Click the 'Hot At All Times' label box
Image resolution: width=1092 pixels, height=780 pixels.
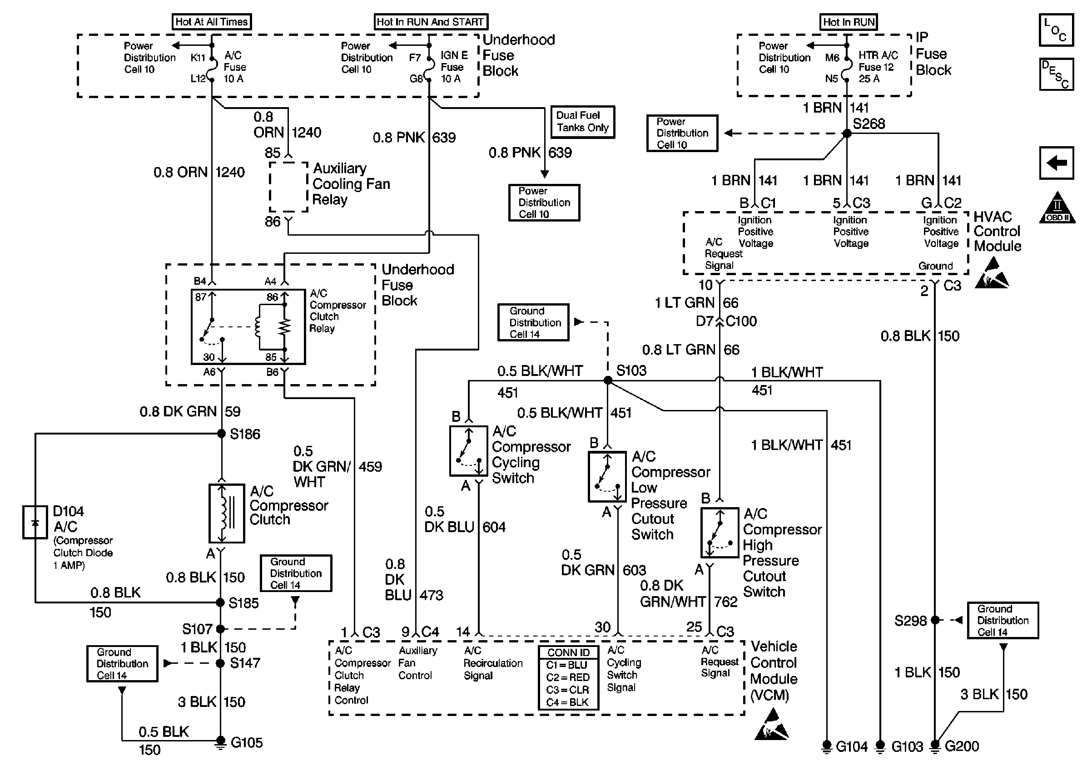point(211,22)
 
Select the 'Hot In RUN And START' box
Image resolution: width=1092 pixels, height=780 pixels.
point(431,22)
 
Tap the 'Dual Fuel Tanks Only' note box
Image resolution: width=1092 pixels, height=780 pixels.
point(582,122)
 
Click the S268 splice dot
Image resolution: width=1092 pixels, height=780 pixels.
point(847,133)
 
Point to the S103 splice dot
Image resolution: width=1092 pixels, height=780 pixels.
point(608,380)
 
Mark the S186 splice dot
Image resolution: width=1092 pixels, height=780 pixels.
point(222,434)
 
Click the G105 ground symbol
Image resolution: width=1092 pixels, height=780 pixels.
point(220,742)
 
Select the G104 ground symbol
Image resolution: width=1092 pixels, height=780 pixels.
point(826,745)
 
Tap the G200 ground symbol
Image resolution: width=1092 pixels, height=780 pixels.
point(935,745)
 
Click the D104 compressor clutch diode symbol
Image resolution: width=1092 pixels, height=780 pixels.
point(35,522)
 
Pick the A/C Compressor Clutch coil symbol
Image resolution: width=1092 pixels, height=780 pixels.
point(227,513)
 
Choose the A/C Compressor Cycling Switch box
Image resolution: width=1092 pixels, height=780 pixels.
point(468,451)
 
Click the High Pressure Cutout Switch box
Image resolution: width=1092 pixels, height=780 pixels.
point(720,532)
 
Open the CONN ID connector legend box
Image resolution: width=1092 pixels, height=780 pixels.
point(568,678)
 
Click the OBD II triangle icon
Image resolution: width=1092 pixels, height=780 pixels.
point(1057,208)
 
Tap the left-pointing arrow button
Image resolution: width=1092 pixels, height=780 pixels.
point(1057,163)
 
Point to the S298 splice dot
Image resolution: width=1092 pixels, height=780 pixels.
point(935,620)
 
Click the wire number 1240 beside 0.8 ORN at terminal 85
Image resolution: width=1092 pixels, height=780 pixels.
point(307,132)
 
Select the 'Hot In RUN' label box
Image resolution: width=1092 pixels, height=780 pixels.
point(849,22)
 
